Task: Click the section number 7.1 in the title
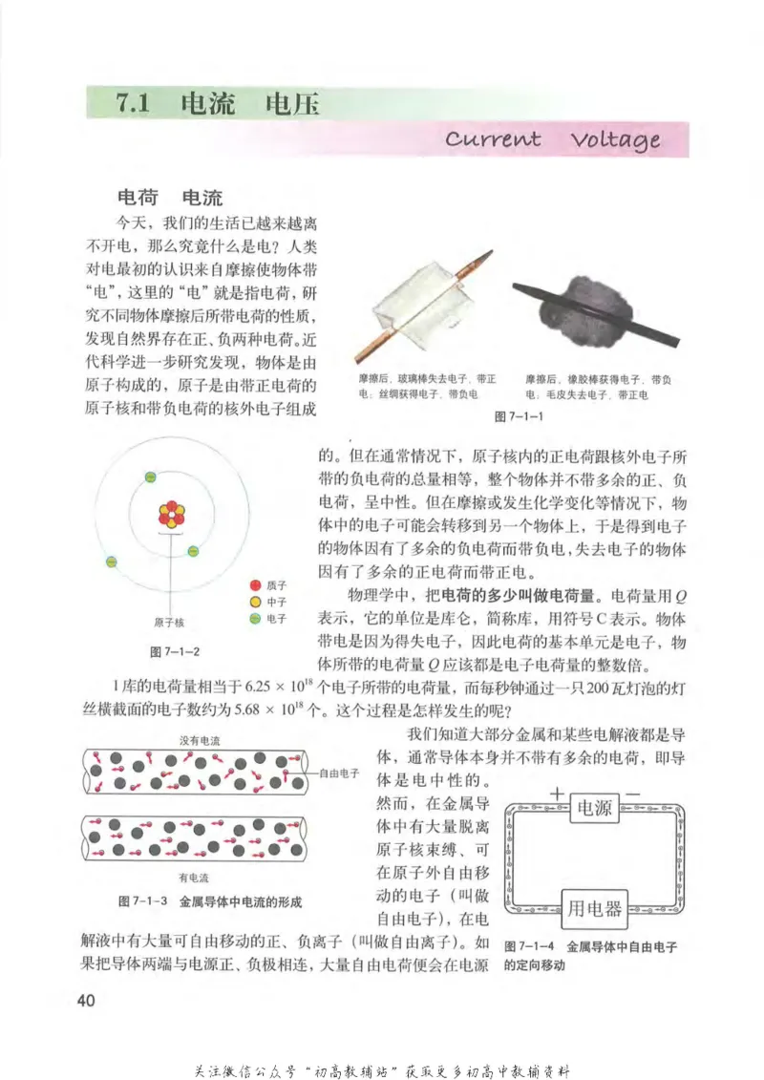tap(135, 104)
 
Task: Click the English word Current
tap(493, 138)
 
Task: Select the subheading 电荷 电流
tap(168, 198)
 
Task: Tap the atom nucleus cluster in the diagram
tap(171, 515)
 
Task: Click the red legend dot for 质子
tap(255, 584)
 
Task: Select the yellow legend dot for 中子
tap(255, 602)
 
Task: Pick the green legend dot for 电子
tap(255, 619)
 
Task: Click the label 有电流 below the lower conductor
tap(194, 877)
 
